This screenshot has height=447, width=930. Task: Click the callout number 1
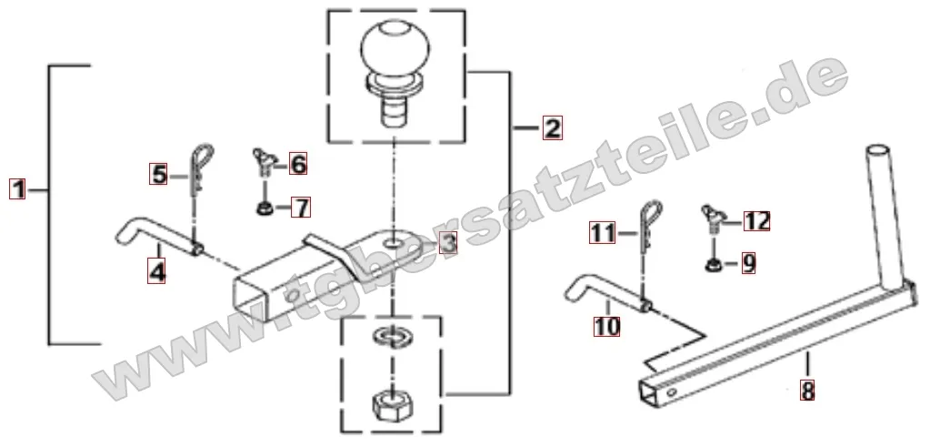coord(18,190)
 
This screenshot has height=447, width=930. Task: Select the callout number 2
coord(552,128)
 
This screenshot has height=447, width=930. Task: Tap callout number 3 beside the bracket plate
coord(448,242)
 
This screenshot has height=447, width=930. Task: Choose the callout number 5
coord(158,175)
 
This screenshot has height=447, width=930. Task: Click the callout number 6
coord(298,163)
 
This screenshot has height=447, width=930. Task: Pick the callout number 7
coord(301,208)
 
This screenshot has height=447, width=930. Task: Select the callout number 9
coord(748,263)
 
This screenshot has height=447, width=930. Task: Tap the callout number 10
coord(606,326)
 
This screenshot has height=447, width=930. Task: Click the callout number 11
coord(603,233)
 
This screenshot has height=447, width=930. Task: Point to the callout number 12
coord(756,221)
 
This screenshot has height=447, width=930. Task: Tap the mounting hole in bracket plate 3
coord(391,242)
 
